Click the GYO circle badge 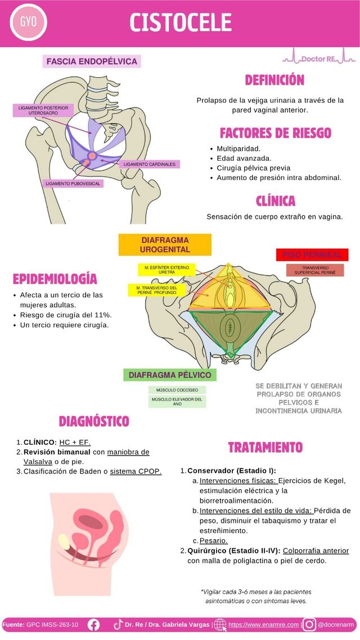(28, 23)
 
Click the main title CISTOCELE (181, 23)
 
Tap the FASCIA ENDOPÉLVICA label (91, 61)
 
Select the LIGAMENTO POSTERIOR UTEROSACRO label (43, 110)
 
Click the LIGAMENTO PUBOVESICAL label (73, 183)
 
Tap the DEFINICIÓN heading (274, 80)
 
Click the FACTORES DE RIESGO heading (275, 133)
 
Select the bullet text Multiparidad (238, 148)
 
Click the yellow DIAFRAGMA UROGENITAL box (165, 245)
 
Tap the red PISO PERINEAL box (312, 255)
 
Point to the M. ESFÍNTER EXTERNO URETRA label (166, 269)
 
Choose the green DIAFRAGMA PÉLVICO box (169, 375)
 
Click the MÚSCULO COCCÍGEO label (177, 390)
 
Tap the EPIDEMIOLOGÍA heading (55, 279)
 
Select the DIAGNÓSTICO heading (94, 421)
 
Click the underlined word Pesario (214, 540)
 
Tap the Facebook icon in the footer (93, 624)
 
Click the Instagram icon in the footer (309, 624)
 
